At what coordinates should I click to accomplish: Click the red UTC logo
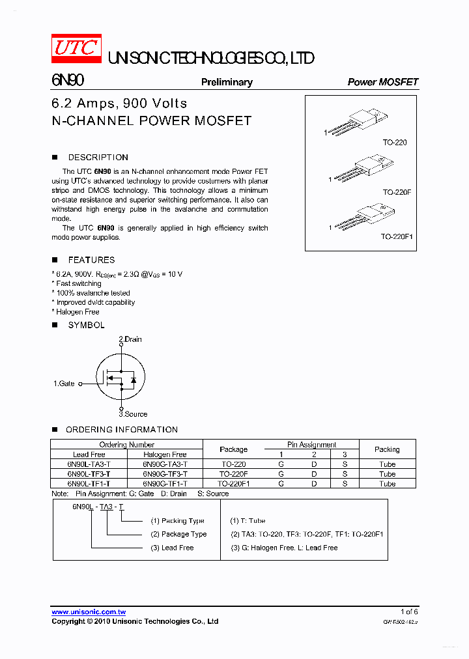tap(76, 49)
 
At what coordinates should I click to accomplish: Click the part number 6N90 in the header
tap(67, 81)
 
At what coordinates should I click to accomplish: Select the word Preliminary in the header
tap(227, 82)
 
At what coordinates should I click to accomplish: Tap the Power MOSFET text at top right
tap(382, 82)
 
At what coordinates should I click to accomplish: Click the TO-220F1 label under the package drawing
tap(397, 237)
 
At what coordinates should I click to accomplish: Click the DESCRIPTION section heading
tap(98, 158)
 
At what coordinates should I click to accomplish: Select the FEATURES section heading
tap(91, 260)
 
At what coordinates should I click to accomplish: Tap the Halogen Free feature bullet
tap(77, 312)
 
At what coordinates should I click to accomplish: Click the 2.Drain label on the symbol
tap(130, 339)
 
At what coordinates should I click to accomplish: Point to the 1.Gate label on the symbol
tap(64, 384)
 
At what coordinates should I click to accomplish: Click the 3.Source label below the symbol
tap(133, 414)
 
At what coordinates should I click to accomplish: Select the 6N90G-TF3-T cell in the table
tap(165, 474)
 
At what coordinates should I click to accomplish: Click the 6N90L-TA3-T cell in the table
tap(89, 464)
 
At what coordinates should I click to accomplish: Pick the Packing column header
tap(387, 449)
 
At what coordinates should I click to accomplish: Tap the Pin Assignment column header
tap(311, 445)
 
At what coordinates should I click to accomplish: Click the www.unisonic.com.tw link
tap(89, 612)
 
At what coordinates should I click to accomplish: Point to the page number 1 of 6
tap(409, 612)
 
